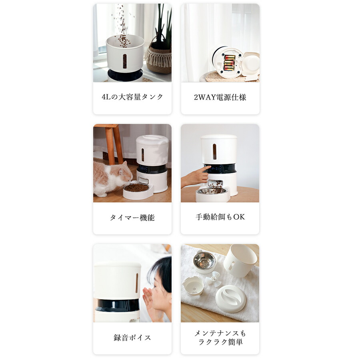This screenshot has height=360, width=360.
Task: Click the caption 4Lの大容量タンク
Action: point(132,97)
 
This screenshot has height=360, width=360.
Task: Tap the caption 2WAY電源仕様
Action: point(220,97)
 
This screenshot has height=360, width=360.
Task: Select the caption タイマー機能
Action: point(132,218)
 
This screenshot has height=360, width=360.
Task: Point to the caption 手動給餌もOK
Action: point(220,217)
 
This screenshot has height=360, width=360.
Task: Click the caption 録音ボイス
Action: point(132,338)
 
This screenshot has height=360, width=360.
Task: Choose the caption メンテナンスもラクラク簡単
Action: point(220,338)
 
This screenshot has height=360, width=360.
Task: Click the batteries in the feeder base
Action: point(229,62)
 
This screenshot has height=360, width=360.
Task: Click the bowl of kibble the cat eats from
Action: point(137,188)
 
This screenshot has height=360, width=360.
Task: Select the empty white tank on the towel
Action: point(240,260)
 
